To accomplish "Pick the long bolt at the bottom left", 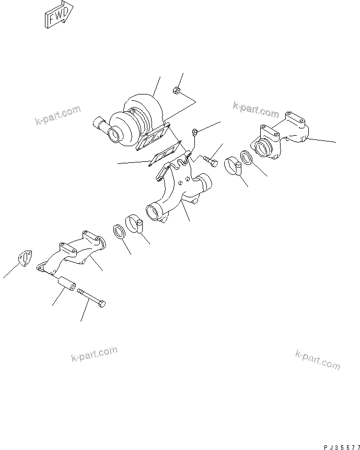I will (x=92, y=298).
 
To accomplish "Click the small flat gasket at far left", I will (x=23, y=258).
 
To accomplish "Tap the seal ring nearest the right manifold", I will (x=247, y=157).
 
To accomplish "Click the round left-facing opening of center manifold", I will (x=154, y=212).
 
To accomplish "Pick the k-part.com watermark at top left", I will (x=57, y=116).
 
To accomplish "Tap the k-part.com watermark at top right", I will (x=256, y=109).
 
